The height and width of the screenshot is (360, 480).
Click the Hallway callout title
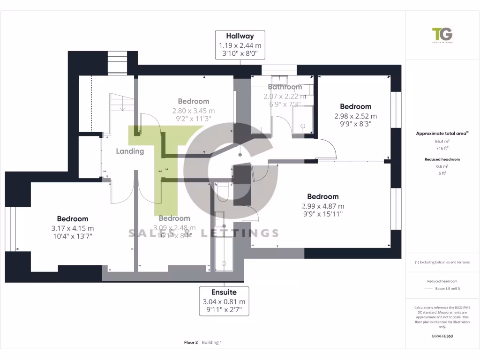(x=240, y=36)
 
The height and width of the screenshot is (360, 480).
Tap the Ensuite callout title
(x=224, y=292)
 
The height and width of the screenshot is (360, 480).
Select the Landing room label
(x=130, y=151)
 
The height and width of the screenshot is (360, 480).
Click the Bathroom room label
(x=285, y=87)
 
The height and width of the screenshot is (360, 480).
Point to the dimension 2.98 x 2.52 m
(x=355, y=116)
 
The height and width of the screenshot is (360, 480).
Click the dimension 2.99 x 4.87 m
(x=323, y=206)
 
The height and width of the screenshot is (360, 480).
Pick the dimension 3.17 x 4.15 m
(x=73, y=228)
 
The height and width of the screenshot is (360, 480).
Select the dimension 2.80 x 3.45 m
(x=193, y=111)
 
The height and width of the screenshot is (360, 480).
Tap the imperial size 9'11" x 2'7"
(x=224, y=311)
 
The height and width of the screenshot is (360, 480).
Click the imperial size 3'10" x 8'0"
(x=240, y=54)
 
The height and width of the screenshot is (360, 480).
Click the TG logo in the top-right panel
(x=442, y=36)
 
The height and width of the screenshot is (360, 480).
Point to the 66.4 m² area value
(x=442, y=141)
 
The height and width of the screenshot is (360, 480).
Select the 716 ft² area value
(x=442, y=148)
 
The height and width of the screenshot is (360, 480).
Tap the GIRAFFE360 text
(x=442, y=336)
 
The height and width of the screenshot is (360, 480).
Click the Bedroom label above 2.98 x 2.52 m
(x=355, y=107)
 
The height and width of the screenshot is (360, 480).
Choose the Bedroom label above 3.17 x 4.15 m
(x=73, y=219)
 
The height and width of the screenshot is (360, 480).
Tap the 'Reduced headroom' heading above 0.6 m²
(x=442, y=159)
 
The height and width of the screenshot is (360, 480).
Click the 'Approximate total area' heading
(x=441, y=134)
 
